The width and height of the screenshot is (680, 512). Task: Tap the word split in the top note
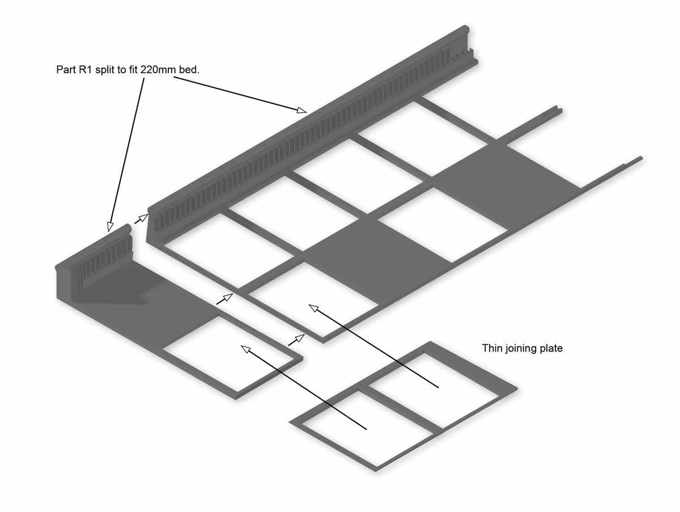coord(107,70)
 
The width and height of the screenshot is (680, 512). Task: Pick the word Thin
coord(492,348)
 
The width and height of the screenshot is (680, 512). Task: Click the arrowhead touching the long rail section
coord(302,110)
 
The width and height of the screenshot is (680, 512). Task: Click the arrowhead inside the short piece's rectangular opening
coord(245,348)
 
